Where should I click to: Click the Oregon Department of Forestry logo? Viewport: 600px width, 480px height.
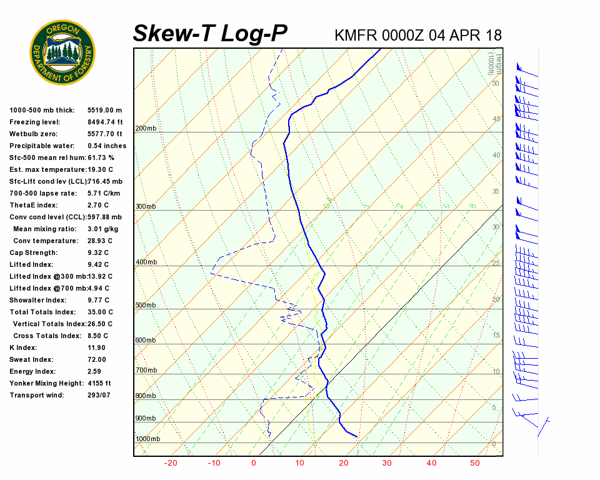point(62,52)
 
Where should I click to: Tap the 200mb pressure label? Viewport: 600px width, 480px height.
point(146,129)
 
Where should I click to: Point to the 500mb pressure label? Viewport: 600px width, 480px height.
point(146,306)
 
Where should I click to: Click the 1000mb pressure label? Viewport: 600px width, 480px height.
point(147,439)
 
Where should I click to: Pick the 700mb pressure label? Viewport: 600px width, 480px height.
point(146,371)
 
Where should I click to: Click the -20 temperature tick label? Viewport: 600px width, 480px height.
point(171,463)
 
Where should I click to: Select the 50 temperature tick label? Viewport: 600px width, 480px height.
point(475,463)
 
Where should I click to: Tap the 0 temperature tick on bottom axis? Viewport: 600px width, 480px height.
point(254,463)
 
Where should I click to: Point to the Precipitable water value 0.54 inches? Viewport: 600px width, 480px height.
point(107,146)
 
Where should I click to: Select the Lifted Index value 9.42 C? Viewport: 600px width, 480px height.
point(98,265)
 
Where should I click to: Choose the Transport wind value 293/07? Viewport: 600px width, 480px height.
point(99,396)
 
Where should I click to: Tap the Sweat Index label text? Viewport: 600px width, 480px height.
point(31,360)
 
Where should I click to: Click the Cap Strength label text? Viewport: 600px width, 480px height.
point(33,253)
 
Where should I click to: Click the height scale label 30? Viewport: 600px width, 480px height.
point(496,227)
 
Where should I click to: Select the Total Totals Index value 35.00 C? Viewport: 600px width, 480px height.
point(100,312)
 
